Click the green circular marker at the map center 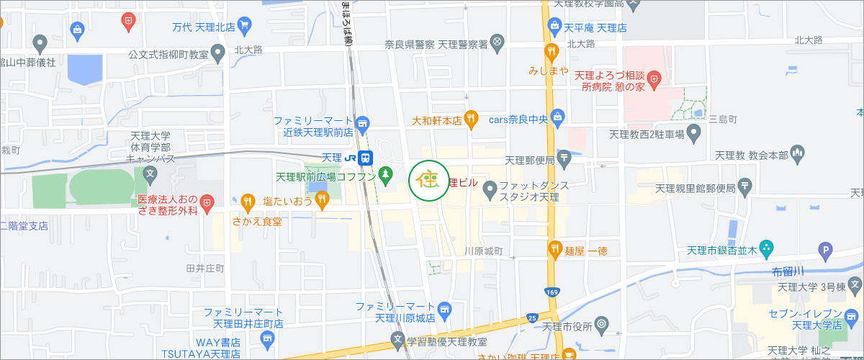point(430,180)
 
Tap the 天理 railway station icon point(366,157)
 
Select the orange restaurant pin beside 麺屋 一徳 point(554,250)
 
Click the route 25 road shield point(531,317)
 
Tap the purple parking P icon point(826,251)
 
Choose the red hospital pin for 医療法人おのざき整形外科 point(207,203)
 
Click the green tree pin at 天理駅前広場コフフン point(387,174)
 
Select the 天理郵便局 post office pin point(564,156)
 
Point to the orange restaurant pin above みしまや point(551,52)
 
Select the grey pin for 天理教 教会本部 point(796,153)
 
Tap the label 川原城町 point(483,251)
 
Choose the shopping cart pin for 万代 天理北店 point(245,27)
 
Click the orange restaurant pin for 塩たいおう point(321,202)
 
